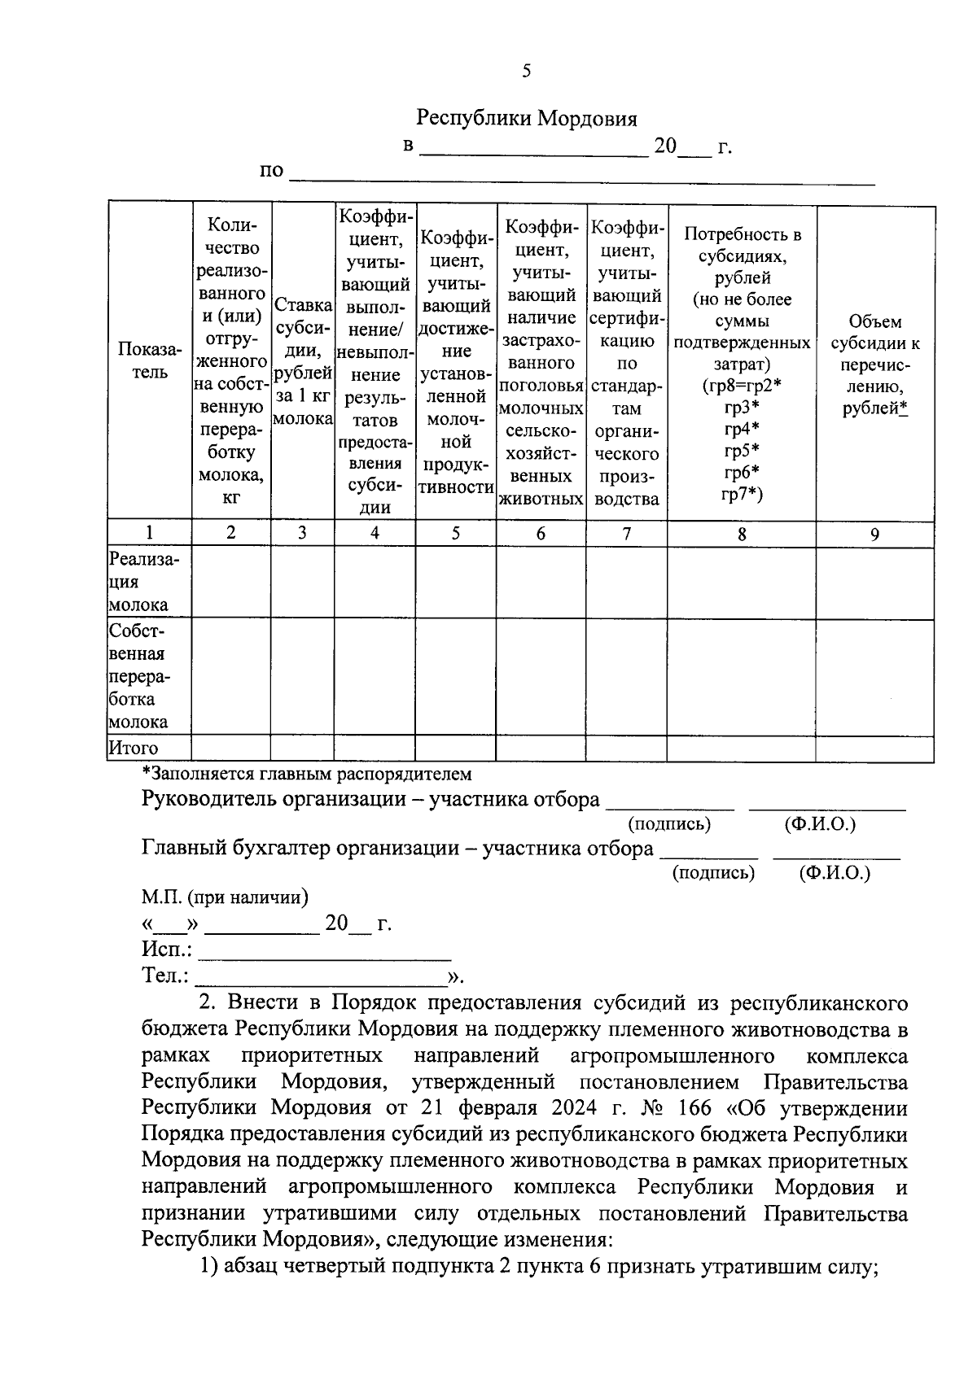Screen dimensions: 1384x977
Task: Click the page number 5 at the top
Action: [526, 71]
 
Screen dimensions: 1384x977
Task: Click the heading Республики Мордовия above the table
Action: [526, 119]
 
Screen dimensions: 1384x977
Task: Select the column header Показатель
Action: [149, 360]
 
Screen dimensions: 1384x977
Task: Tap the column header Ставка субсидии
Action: [302, 361]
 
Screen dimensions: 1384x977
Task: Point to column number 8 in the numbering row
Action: [742, 534]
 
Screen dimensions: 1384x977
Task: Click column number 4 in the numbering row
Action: [375, 533]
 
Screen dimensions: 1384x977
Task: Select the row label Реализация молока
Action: [144, 582]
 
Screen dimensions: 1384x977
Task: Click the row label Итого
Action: [134, 748]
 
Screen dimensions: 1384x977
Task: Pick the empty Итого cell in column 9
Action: [874, 749]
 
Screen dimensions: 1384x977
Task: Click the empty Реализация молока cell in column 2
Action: [231, 583]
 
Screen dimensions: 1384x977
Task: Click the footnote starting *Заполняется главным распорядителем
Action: [306, 774]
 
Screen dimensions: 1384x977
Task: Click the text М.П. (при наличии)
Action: [225, 897]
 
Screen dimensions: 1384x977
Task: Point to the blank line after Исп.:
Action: [325, 951]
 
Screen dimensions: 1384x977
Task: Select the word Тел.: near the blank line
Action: [165, 975]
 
